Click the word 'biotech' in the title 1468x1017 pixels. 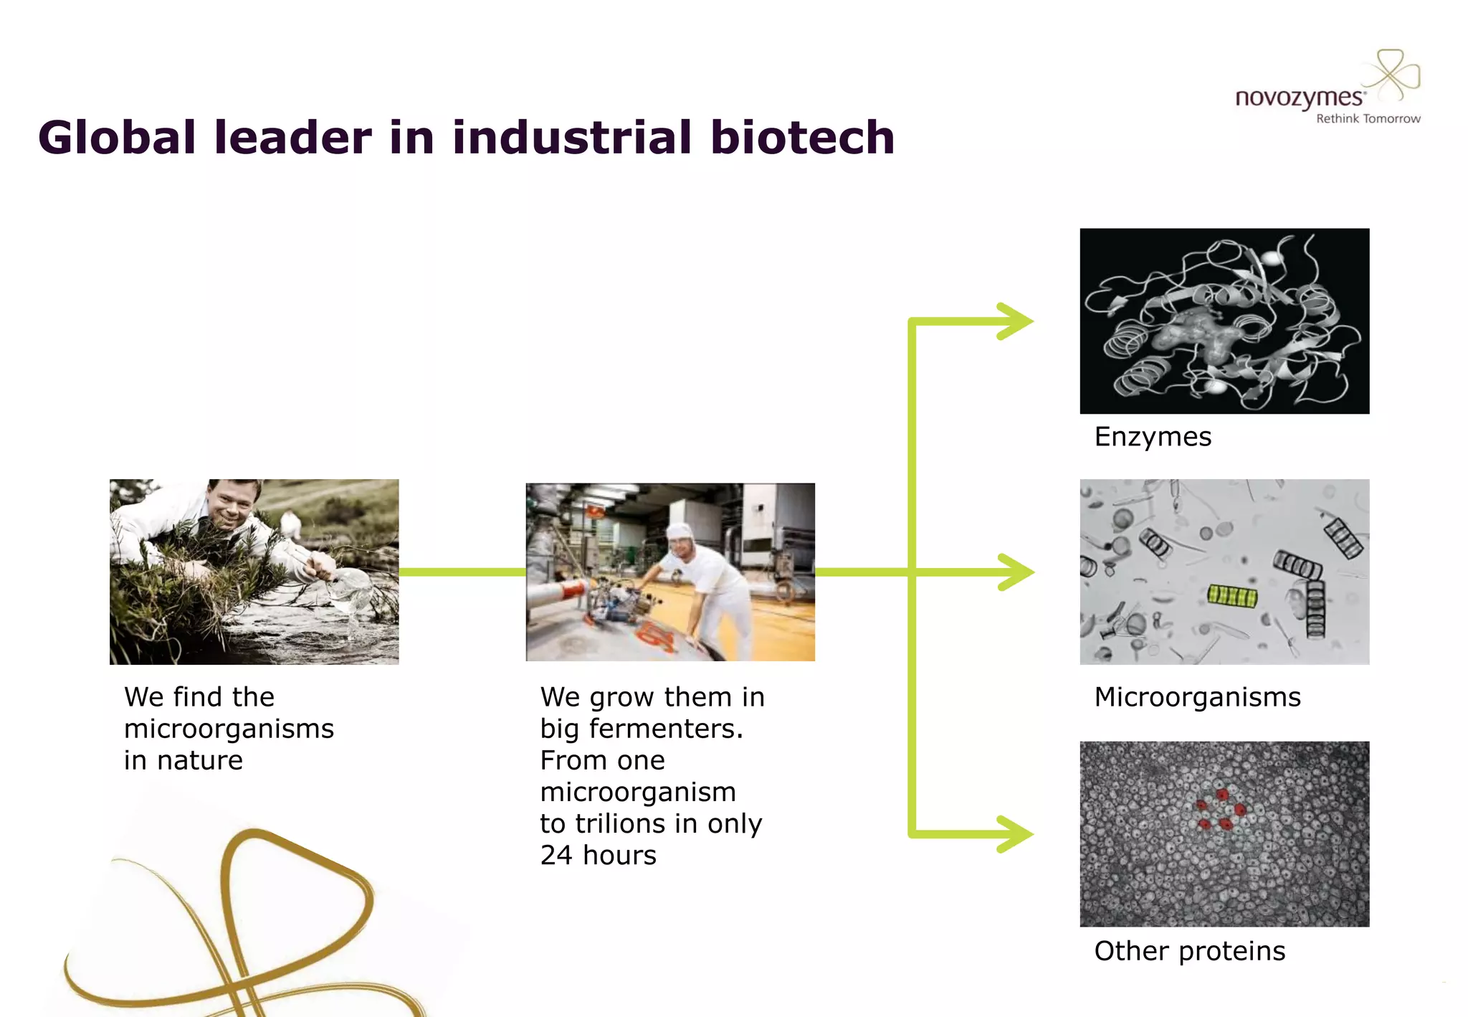click(802, 138)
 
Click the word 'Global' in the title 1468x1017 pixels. click(117, 138)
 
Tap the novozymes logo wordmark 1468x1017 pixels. click(1299, 98)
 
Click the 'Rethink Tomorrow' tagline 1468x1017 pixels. click(1368, 119)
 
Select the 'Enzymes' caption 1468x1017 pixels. click(1153, 437)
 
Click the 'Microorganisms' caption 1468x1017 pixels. click(1197, 697)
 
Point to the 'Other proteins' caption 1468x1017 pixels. click(1190, 951)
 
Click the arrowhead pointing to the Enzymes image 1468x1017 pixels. click(1016, 321)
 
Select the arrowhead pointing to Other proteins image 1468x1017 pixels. click(1016, 834)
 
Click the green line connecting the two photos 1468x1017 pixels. click(462, 572)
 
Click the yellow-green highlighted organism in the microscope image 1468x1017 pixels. click(1232, 595)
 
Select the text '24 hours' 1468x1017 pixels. click(598, 856)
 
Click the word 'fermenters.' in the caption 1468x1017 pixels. click(666, 729)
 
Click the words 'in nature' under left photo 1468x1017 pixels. click(183, 760)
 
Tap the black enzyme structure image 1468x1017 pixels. click(1224, 321)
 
